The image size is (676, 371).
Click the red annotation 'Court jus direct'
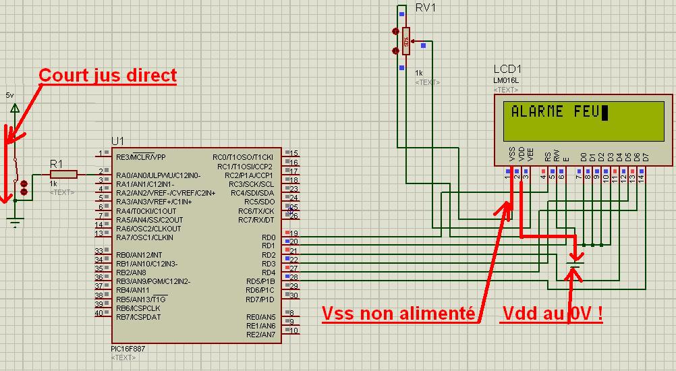pos(108,75)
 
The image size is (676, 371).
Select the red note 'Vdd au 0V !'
pos(551,314)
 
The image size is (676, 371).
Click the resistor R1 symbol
pos(63,174)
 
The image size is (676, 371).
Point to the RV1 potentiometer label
pos(425,8)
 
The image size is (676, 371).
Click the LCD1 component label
pos(507,69)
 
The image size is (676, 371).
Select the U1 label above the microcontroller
pos(118,140)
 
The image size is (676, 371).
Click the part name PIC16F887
pos(128,349)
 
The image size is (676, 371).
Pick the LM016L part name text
pos(506,81)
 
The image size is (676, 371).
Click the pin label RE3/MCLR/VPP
pos(140,157)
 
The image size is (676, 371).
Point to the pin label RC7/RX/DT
pos(256,220)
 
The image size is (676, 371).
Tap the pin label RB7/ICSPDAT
pos(138,317)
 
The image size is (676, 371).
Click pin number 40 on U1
pos(98,312)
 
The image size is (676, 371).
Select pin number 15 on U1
pos(293,154)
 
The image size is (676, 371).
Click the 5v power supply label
pos(9,96)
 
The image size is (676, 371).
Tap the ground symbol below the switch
pos(15,219)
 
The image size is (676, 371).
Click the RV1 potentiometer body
pos(405,40)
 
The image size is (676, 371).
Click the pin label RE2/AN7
pos(260,335)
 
